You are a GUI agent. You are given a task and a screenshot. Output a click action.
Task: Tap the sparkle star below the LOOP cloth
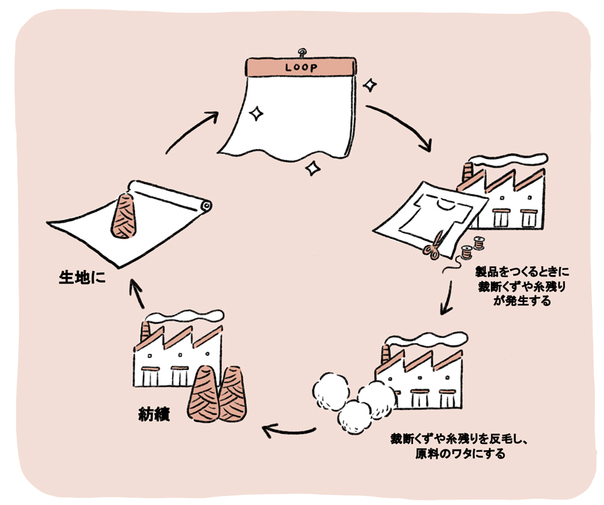(x=311, y=168)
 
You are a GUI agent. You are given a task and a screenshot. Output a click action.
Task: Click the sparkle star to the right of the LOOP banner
(x=369, y=85)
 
